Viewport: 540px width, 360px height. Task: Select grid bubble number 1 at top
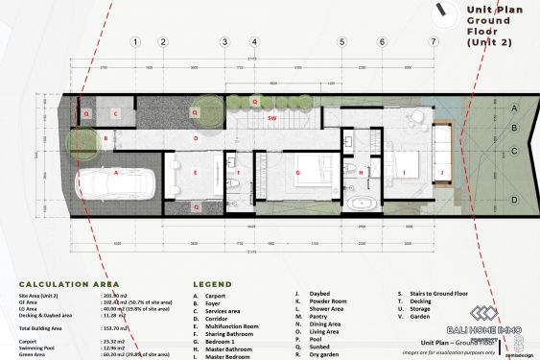[137, 42]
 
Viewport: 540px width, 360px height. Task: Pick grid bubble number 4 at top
[254, 42]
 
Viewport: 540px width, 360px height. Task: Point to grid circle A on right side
[514, 108]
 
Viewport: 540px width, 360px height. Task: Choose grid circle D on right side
[514, 200]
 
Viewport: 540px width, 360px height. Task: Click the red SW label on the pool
[272, 118]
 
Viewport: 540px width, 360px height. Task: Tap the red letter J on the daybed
[442, 173]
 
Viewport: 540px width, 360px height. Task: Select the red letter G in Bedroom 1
[298, 173]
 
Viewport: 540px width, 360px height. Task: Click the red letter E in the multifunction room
[195, 173]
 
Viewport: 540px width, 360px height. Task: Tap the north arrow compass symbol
[443, 11]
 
